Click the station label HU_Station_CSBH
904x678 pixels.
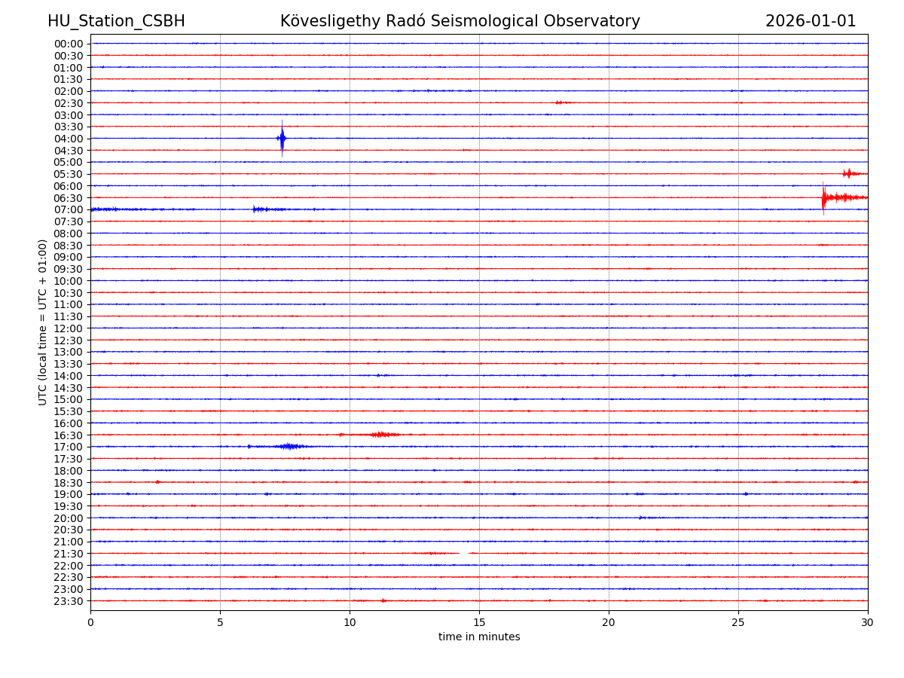click(116, 21)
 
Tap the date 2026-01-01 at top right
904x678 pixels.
click(811, 21)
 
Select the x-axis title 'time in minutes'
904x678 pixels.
click(479, 637)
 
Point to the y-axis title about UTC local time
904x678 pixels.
click(43, 322)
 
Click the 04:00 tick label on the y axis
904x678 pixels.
click(69, 139)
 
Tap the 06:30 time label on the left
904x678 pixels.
click(69, 198)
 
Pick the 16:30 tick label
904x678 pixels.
click(69, 435)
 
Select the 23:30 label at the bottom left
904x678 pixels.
click(69, 601)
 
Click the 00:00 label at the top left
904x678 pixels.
click(69, 44)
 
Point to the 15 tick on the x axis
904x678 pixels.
click(479, 622)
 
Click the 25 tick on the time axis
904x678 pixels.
click(738, 622)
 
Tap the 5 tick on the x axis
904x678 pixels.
click(220, 622)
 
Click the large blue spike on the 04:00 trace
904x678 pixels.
click(282, 138)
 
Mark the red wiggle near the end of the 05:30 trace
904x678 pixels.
click(849, 174)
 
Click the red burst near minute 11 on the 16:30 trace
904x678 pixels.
click(382, 435)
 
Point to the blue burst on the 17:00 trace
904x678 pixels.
click(289, 447)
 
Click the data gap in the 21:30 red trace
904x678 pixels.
click(463, 553)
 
